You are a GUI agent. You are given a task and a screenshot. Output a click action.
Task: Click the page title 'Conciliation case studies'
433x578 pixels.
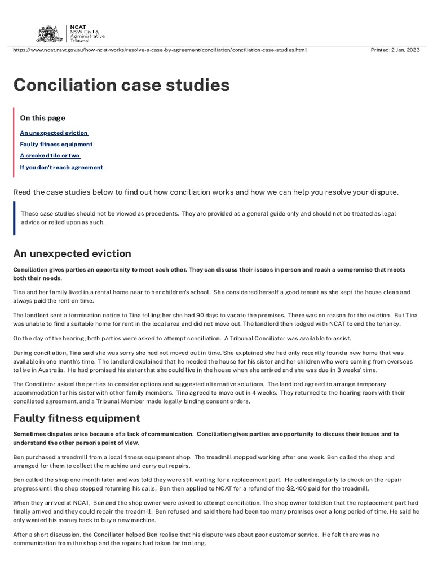tap(121, 85)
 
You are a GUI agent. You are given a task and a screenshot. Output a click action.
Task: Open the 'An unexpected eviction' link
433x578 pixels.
tap(54, 133)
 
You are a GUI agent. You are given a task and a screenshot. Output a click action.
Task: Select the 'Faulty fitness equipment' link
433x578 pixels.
tap(56, 144)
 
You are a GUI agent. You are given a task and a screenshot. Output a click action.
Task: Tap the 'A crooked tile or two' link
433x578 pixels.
tap(50, 156)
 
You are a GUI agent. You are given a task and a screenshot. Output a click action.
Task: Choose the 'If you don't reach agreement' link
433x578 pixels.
tap(61, 168)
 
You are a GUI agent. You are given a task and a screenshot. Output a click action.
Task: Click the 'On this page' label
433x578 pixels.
tap(42, 118)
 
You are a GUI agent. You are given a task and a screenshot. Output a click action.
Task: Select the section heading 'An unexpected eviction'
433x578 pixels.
tap(72, 253)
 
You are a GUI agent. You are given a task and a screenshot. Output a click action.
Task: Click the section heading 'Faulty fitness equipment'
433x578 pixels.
tap(77, 418)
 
